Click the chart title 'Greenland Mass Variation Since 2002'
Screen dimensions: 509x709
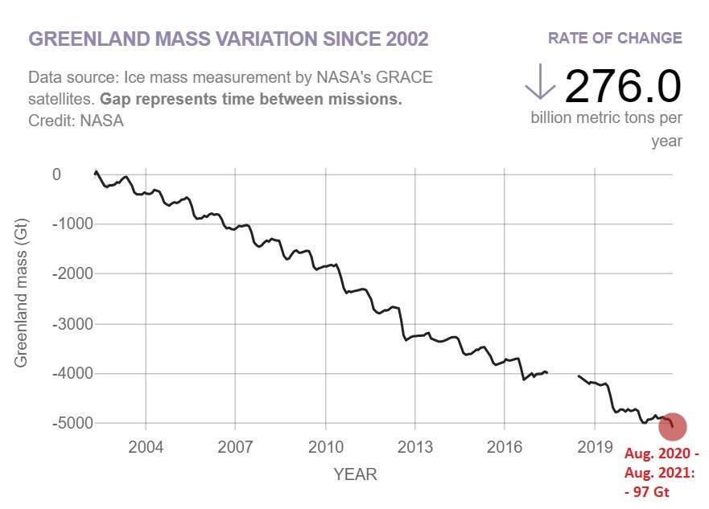(229, 39)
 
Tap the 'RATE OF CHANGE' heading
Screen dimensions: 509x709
(615, 38)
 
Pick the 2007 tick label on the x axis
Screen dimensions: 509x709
(236, 446)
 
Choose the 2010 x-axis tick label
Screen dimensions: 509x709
(325, 446)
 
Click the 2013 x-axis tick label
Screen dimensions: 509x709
(414, 446)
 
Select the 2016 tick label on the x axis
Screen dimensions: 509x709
(504, 446)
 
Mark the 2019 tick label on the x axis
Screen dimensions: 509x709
(593, 446)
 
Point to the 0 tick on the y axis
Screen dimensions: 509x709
(56, 174)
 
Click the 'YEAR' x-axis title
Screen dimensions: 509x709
(355, 474)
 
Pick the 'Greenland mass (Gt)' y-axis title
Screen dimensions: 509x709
(21, 298)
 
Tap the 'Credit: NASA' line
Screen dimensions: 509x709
(76, 121)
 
